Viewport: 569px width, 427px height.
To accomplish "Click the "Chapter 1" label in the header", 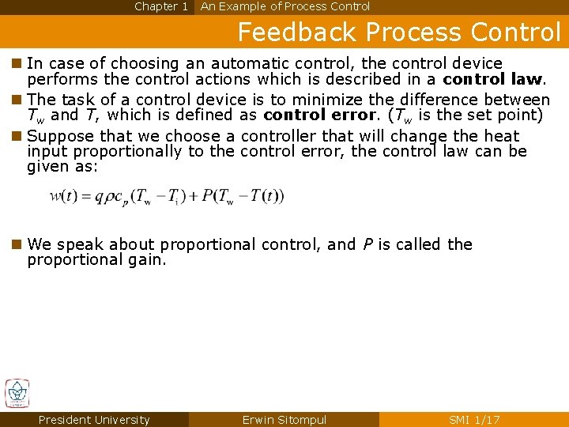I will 161,6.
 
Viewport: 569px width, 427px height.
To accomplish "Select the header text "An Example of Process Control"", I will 285,6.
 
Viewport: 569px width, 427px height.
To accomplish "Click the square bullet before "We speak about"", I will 17,244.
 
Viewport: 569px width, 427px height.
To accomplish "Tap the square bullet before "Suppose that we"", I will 17,136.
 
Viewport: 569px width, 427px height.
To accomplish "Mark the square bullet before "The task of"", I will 17,100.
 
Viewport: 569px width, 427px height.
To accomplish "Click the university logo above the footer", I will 17,394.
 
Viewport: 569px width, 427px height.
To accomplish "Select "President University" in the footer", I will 93,420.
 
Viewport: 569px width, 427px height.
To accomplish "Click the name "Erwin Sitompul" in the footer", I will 284,420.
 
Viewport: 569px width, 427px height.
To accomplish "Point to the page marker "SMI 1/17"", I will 474,420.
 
